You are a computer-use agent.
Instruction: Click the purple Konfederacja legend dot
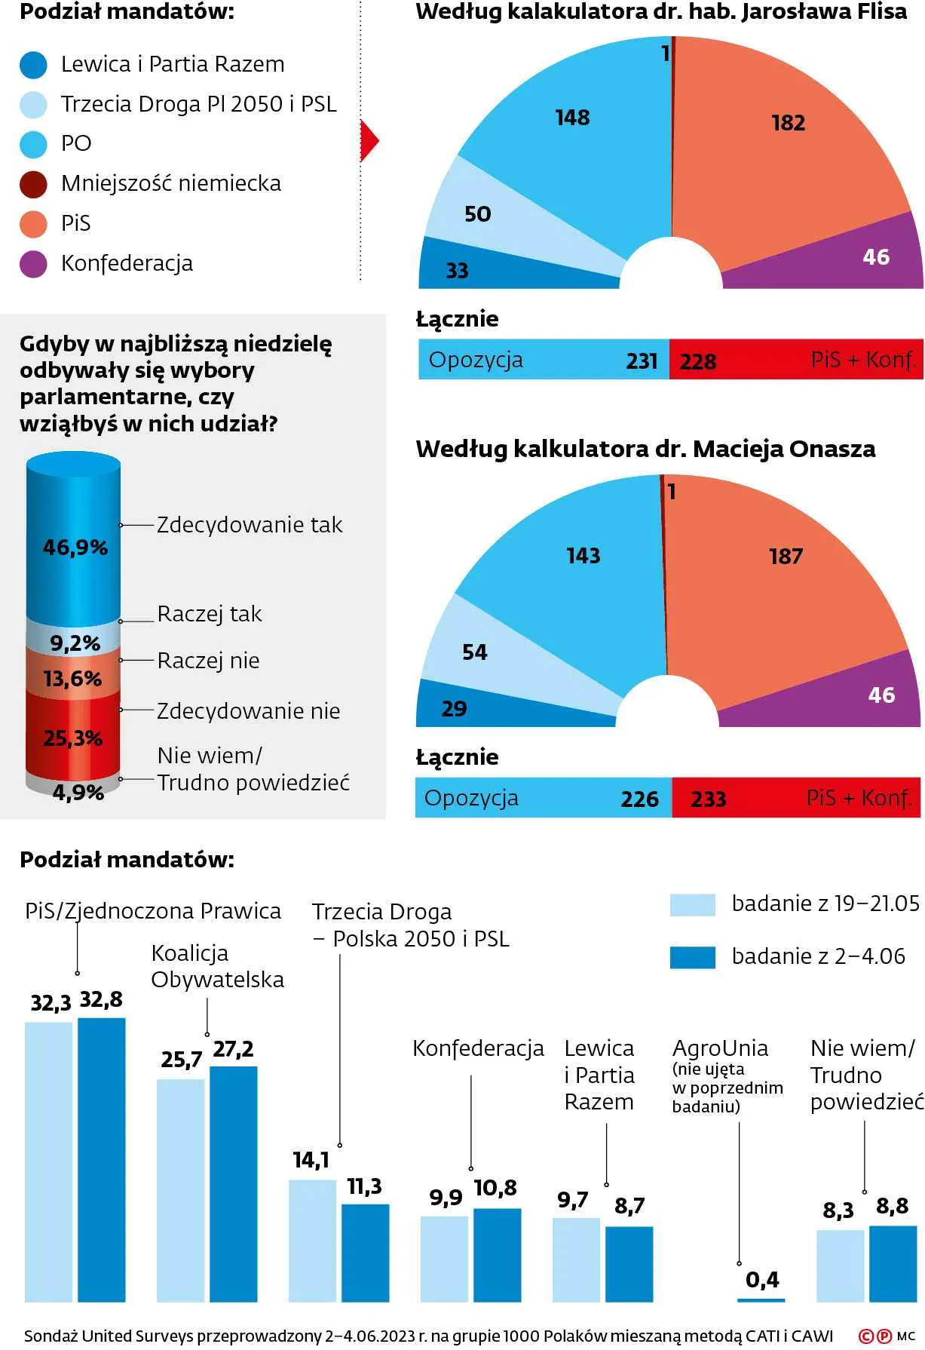[33, 264]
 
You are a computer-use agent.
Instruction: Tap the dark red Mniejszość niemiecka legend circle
[33, 184]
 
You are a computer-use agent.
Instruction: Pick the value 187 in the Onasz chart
[786, 557]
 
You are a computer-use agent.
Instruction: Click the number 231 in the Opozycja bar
[642, 361]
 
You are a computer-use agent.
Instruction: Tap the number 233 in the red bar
[708, 799]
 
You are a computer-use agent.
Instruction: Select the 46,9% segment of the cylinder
[74, 548]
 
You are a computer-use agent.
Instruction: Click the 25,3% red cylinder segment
[72, 738]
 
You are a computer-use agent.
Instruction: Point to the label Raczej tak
[209, 614]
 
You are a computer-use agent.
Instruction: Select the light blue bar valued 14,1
[312, 1241]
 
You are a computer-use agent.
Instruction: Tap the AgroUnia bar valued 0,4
[761, 1300]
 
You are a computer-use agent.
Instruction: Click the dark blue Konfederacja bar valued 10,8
[497, 1255]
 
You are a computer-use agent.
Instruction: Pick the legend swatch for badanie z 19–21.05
[692, 904]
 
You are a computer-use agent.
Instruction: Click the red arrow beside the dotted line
[369, 140]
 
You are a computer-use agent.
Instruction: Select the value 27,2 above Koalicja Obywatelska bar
[233, 1049]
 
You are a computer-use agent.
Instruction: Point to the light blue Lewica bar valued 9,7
[576, 1259]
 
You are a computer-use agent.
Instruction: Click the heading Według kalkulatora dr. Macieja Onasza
[645, 449]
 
